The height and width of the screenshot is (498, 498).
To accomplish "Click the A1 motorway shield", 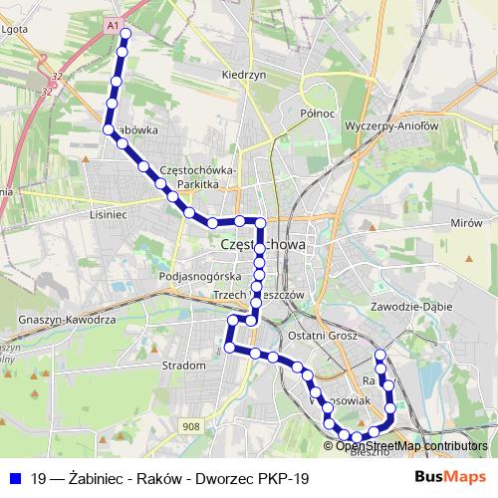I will [113, 23].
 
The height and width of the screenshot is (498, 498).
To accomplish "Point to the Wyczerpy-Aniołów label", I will [389, 125].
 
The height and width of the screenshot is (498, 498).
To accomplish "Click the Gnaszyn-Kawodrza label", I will [68, 320].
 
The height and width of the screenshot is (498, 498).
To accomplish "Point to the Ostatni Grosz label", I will [322, 337].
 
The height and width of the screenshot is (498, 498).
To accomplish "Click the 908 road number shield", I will [192, 426].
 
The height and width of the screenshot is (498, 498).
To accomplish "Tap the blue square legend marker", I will [14, 478].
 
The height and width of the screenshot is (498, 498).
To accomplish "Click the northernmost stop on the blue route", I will [124, 34].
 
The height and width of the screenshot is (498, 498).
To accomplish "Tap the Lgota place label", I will [15, 29].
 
